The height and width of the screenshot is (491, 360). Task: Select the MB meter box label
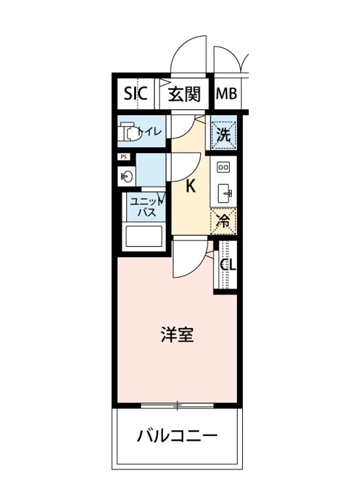(226, 95)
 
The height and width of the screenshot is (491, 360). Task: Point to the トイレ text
(150, 132)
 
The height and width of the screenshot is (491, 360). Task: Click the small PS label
(123, 157)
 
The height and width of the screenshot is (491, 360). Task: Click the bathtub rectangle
(144, 236)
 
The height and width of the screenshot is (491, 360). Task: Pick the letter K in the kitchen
(190, 187)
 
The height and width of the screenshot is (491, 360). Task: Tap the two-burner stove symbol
(224, 167)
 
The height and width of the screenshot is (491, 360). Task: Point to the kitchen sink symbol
(225, 193)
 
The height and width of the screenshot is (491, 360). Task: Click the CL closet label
(228, 266)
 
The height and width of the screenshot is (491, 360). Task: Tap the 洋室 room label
(177, 336)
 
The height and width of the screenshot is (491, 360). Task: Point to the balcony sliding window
(177, 406)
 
